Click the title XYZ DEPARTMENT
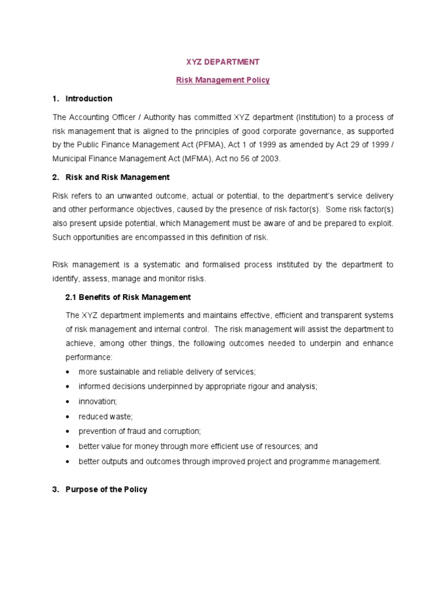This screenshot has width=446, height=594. tap(223, 61)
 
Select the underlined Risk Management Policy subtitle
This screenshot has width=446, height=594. tap(223, 80)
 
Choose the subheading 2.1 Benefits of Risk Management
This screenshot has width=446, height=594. tap(128, 297)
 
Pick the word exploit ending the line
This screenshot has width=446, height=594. tap(380, 223)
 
